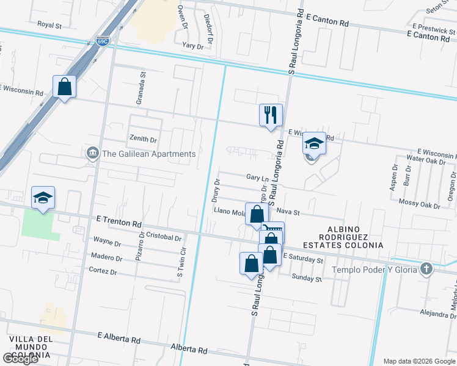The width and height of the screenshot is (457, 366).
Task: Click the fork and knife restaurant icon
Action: click(x=271, y=115)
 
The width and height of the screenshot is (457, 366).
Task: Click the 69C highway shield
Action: click(x=103, y=41)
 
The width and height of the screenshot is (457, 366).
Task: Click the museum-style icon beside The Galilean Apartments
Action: click(x=92, y=152)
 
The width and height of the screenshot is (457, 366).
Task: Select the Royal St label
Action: click(x=50, y=25)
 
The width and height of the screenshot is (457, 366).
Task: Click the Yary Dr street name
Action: click(x=192, y=46)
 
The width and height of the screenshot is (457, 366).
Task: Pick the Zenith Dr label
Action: click(x=143, y=140)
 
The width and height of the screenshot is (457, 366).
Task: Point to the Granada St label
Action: click(x=142, y=88)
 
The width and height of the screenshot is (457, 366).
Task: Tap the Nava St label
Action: click(x=288, y=212)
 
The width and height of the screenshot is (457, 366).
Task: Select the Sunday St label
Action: click(x=306, y=278)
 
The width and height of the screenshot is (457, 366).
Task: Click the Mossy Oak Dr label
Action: click(x=419, y=202)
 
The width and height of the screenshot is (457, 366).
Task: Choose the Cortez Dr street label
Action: click(x=103, y=270)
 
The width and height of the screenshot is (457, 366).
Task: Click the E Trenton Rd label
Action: click(x=119, y=217)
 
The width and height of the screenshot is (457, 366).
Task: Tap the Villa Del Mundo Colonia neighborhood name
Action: click(x=30, y=347)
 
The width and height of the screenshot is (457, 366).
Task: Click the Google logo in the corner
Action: click(x=20, y=359)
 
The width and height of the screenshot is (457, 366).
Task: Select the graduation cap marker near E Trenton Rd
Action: click(x=43, y=198)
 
